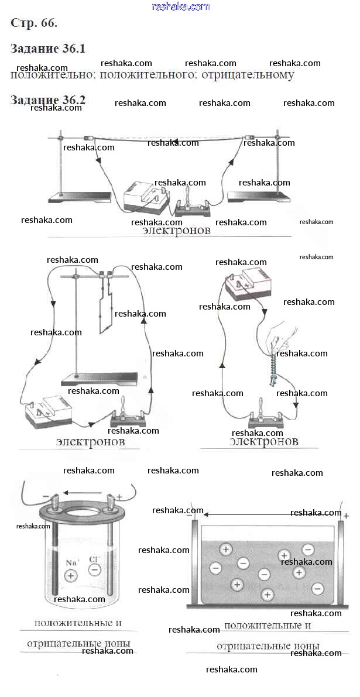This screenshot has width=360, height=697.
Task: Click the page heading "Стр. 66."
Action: click(x=34, y=23)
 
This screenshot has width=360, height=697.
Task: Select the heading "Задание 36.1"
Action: click(x=48, y=49)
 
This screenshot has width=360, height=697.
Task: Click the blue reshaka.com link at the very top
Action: click(x=180, y=6)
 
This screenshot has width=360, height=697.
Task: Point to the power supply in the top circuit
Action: click(x=144, y=196)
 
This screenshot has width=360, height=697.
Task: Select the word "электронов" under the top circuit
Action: click(x=176, y=231)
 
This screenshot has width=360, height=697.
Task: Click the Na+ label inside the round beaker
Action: click(x=72, y=562)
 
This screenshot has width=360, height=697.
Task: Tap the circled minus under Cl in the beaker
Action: click(x=95, y=569)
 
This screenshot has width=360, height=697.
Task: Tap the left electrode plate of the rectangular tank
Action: click(x=196, y=562)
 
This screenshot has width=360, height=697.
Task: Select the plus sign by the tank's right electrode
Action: click(x=347, y=516)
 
